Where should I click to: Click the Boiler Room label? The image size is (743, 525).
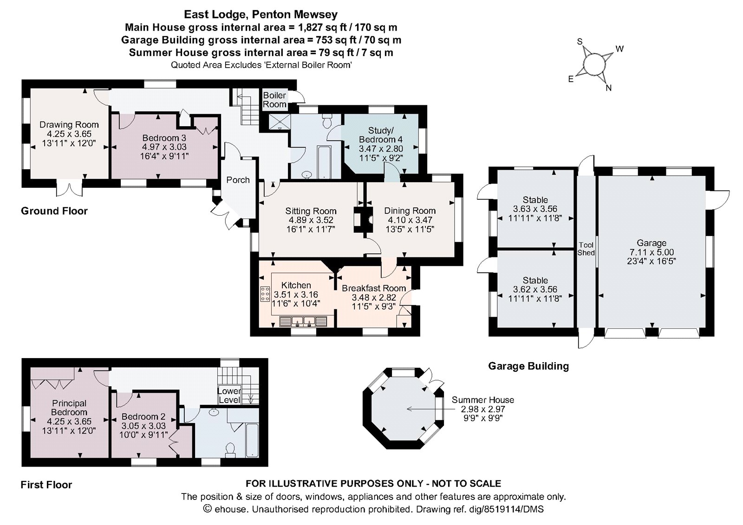(x=274, y=100)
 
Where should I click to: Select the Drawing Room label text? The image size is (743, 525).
(x=69, y=124)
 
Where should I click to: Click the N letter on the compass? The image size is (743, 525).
(x=608, y=88)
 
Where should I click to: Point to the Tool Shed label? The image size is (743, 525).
(x=586, y=249)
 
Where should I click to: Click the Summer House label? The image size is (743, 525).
(x=482, y=400)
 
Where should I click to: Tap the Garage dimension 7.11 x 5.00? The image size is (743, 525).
(x=652, y=252)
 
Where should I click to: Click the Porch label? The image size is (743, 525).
(x=238, y=180)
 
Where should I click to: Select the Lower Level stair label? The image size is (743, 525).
(x=229, y=395)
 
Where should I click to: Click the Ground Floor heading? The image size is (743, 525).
(x=54, y=211)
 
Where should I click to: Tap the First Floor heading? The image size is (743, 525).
(x=46, y=485)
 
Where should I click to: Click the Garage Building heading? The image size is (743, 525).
(x=528, y=366)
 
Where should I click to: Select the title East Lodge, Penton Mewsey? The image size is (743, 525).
(x=261, y=14)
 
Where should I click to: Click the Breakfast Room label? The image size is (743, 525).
(x=374, y=288)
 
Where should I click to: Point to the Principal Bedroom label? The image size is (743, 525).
(x=69, y=408)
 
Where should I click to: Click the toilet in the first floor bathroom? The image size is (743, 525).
(x=230, y=449)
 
